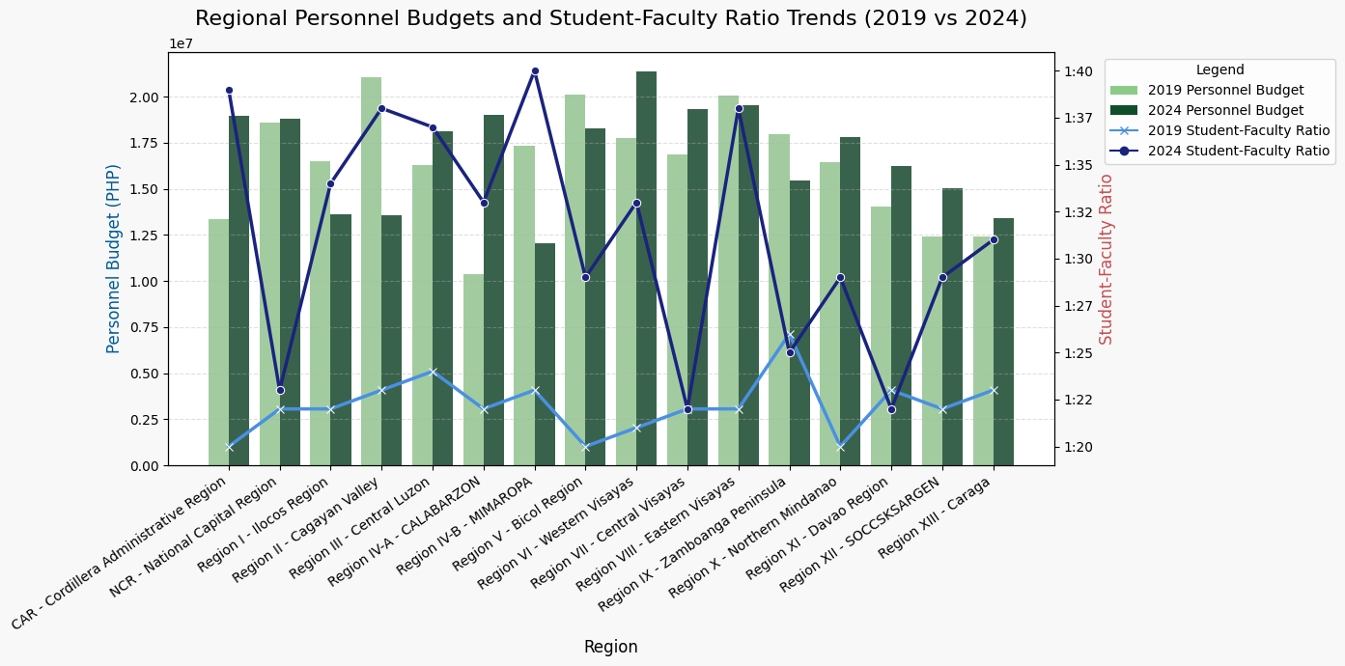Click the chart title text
[610, 18]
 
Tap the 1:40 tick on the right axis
[1079, 71]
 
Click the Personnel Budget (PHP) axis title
[114, 259]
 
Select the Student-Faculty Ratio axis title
[1107, 259]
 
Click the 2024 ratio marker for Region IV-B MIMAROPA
[535, 71]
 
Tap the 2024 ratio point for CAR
[229, 90]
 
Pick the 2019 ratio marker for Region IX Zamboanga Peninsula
[790, 334]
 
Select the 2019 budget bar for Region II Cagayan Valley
[372, 270]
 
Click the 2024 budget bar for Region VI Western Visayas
[646, 268]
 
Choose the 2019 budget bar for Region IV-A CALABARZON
[473, 370]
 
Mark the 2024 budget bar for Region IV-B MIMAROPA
[545, 354]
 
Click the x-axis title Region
[610, 647]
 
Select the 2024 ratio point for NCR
[280, 390]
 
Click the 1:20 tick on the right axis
[1079, 447]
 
